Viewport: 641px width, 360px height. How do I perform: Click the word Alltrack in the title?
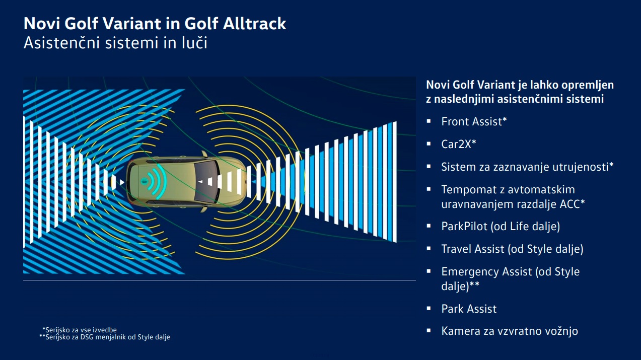point(254,23)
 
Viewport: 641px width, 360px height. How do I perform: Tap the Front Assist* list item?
point(474,121)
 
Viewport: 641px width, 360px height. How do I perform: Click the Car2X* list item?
point(458,144)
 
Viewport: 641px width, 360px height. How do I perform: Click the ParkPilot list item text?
point(501,227)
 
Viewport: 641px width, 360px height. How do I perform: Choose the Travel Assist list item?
point(512,249)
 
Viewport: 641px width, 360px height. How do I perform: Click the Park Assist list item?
point(469,309)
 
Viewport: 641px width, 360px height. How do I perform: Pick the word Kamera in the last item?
point(461,331)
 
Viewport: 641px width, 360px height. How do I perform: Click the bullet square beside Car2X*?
point(429,143)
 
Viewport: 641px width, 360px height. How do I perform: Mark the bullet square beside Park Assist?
point(429,308)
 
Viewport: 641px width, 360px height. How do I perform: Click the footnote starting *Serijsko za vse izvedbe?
point(80,330)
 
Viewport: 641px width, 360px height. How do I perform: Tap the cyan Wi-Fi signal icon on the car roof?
point(154,181)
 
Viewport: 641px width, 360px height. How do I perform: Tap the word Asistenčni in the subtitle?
point(62,43)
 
